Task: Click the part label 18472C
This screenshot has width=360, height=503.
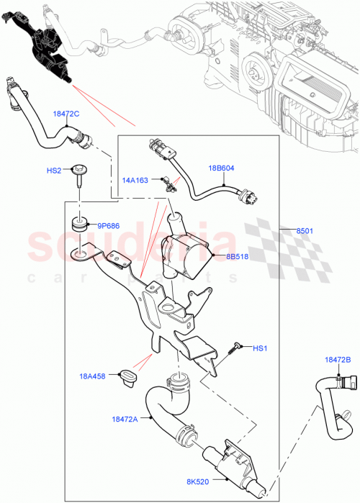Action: pos(65,114)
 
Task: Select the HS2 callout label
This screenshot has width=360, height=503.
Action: pos(54,172)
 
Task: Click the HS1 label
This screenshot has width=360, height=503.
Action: pos(259,348)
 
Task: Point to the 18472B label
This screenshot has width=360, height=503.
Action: pos(337,359)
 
